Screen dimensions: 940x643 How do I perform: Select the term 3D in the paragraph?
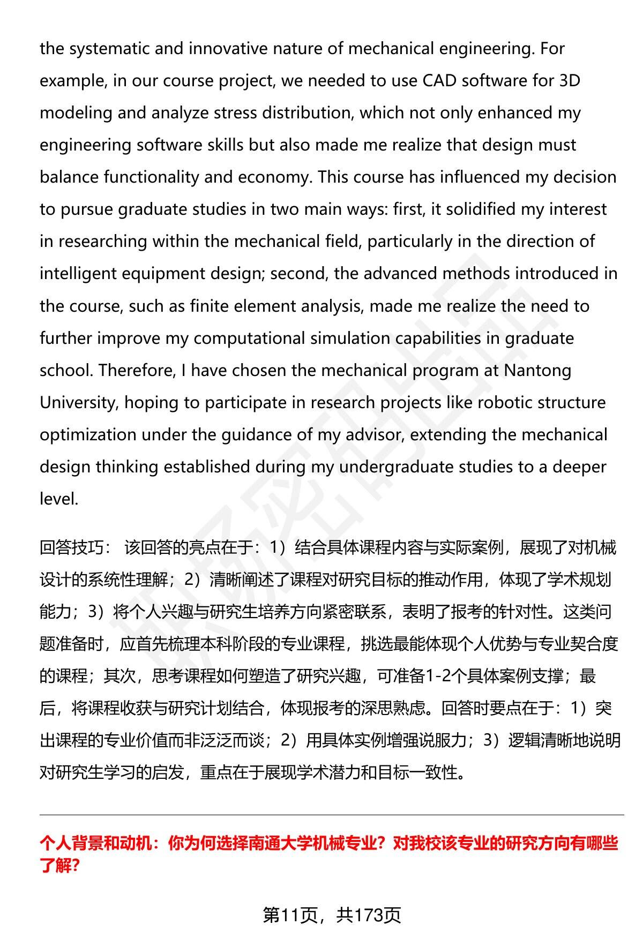click(x=570, y=81)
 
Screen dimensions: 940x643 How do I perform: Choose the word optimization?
click(x=88, y=434)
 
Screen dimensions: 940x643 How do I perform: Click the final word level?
click(x=59, y=499)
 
